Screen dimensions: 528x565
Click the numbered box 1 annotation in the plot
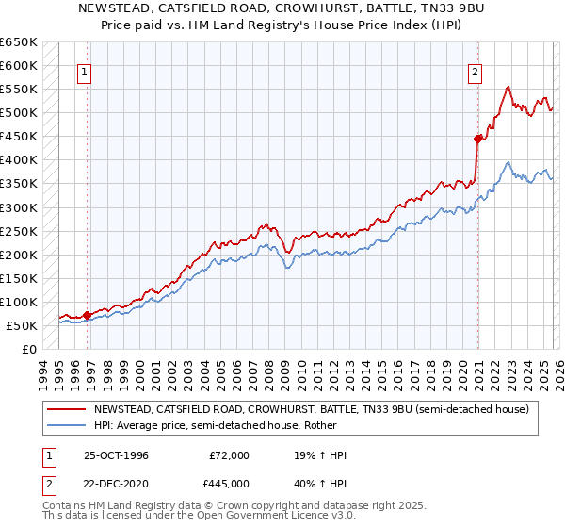coord(85,72)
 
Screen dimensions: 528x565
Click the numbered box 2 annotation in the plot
coord(476,72)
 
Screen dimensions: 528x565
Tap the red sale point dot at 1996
coord(88,315)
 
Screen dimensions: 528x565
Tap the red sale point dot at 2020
coord(478,139)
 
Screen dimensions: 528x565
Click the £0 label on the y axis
coord(29,349)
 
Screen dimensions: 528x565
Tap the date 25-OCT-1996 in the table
coord(117,455)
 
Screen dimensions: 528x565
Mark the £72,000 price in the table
coord(229,455)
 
